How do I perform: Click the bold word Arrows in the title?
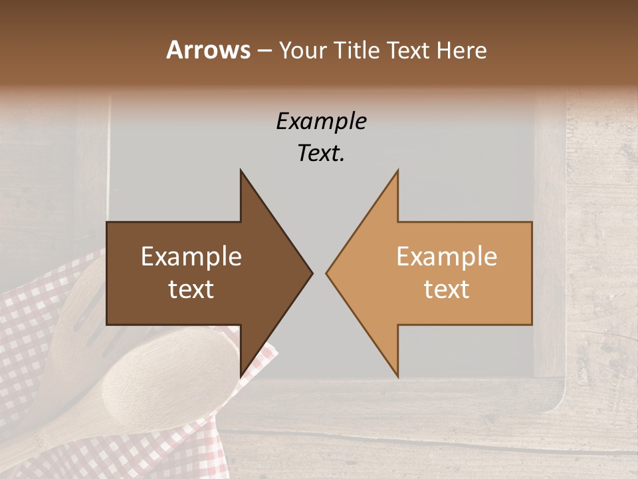(x=208, y=50)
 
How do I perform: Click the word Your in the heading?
(x=303, y=51)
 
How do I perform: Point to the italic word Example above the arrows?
(x=321, y=122)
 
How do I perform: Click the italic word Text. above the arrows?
(x=321, y=154)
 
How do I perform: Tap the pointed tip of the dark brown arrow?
(x=311, y=273)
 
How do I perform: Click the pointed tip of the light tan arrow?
(x=328, y=273)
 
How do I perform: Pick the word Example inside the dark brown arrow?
(x=191, y=257)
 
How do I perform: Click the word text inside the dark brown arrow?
(x=191, y=289)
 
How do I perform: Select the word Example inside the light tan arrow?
(x=447, y=257)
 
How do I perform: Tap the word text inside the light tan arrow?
(x=447, y=289)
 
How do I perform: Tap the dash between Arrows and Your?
(x=263, y=51)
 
